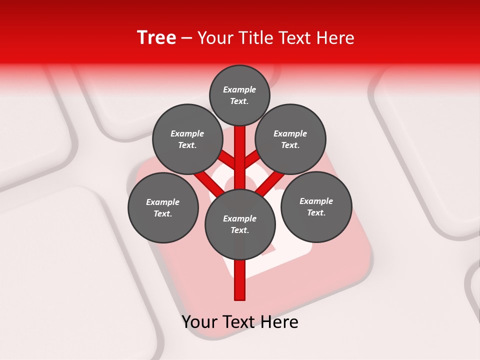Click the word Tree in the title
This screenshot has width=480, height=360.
click(x=156, y=38)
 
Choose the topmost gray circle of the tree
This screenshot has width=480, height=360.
click(x=239, y=95)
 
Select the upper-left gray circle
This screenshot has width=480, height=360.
click(x=187, y=139)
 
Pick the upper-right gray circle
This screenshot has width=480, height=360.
click(x=290, y=139)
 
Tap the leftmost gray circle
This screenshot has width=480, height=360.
click(x=163, y=207)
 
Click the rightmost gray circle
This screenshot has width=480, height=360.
click(x=316, y=206)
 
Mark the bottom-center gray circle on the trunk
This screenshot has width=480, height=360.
click(x=240, y=224)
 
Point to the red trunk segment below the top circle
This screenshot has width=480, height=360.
click(x=240, y=150)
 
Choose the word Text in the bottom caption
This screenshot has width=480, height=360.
click(x=240, y=321)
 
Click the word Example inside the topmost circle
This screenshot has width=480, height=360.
click(x=239, y=89)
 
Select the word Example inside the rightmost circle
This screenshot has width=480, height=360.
click(x=316, y=201)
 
